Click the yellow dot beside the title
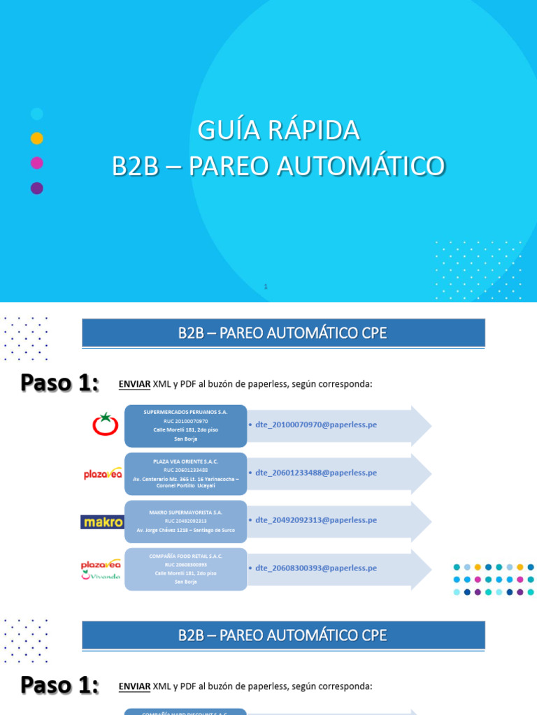click(x=37, y=138)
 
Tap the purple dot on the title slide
click(x=37, y=188)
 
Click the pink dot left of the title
click(x=37, y=163)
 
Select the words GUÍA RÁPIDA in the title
click(x=278, y=130)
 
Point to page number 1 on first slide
click(x=266, y=286)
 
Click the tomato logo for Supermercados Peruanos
click(x=106, y=424)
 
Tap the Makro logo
click(x=102, y=522)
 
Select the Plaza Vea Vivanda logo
click(x=102, y=568)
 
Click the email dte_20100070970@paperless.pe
click(x=316, y=425)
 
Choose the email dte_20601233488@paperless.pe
click(x=316, y=473)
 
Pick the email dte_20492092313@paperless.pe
click(x=316, y=520)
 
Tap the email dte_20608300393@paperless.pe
click(x=316, y=568)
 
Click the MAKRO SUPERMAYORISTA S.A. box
click(x=186, y=521)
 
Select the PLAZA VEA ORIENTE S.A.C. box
click(x=186, y=473)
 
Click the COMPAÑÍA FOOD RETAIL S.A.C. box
click(x=186, y=568)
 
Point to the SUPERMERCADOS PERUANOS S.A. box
click(x=186, y=425)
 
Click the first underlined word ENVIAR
click(x=135, y=384)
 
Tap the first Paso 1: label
click(x=59, y=383)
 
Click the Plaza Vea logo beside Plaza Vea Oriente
click(x=103, y=473)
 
